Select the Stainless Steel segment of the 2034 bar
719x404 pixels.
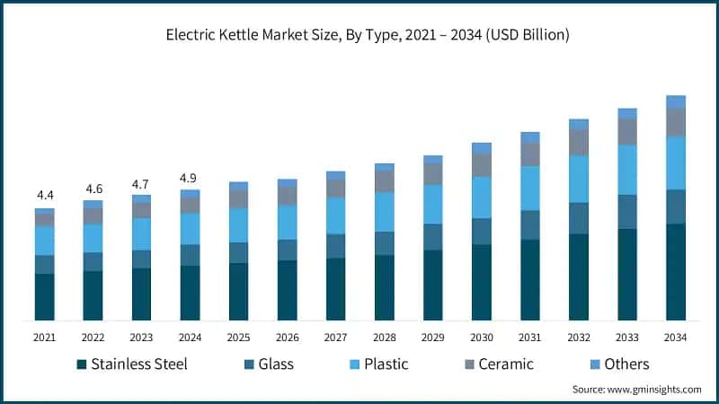675,271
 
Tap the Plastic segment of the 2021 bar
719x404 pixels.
45,241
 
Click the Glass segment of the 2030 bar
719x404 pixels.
482,231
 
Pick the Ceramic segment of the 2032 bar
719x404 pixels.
579,142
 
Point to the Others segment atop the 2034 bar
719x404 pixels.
675,101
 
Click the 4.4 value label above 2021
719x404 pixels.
45,195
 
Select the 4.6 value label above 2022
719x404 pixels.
93,189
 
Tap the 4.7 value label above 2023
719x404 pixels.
141,184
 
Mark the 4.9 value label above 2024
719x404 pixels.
190,177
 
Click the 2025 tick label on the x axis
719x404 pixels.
238,337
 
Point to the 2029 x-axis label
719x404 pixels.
432,337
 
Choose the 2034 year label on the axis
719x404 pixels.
675,337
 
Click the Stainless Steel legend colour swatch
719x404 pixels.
82,364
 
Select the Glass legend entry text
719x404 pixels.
275,364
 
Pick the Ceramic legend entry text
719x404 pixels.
505,364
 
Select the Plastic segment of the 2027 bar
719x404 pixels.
335,215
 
